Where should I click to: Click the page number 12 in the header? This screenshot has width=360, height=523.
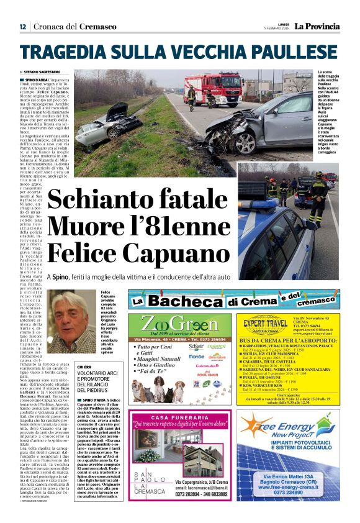[22, 27]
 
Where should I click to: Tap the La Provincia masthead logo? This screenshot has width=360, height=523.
[317, 26]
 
